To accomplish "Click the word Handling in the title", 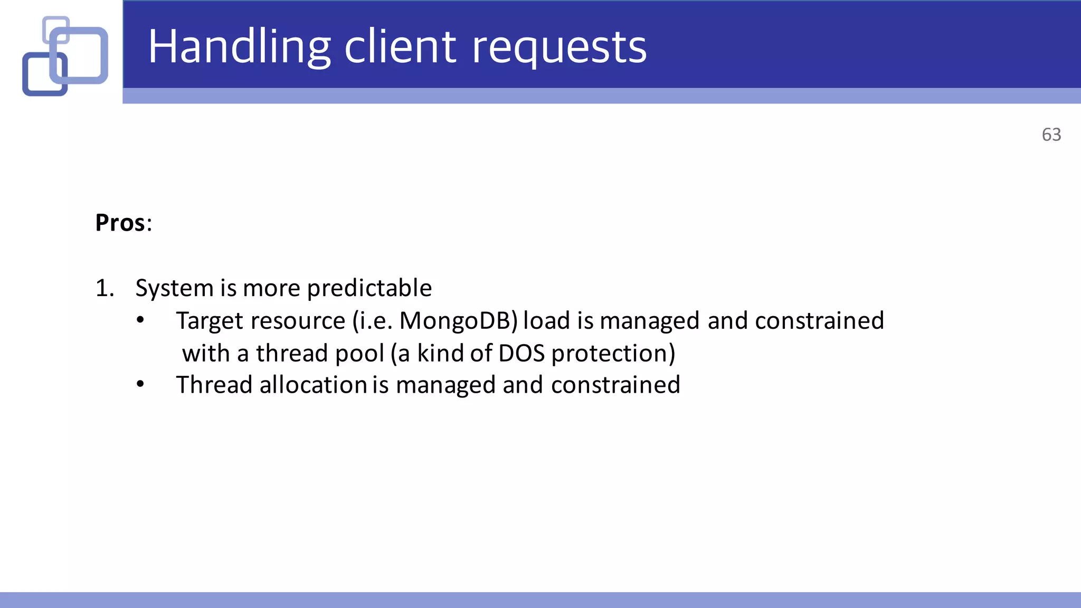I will (239, 47).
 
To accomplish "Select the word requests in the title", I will (559, 49).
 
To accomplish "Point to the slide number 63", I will (1051, 135).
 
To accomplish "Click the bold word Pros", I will (120, 223).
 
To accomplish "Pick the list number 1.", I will (104, 288).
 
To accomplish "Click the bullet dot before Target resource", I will (140, 320).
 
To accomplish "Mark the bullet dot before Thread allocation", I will (140, 384).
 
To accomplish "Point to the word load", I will (546, 321).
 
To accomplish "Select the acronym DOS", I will (521, 353).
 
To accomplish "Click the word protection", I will (613, 354).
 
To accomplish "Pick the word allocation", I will (314, 385).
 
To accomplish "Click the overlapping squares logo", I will (65, 56).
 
